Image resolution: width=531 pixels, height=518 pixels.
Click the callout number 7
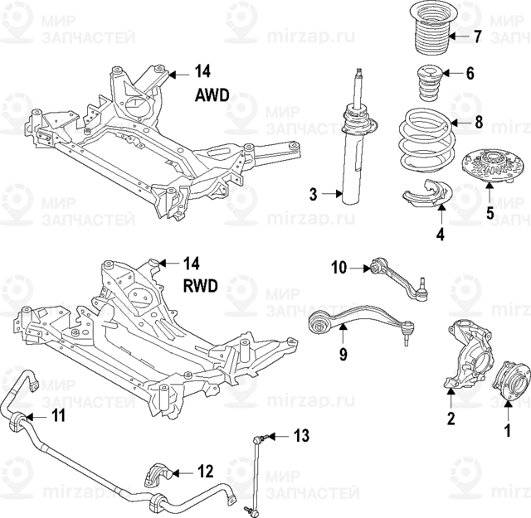[x=478, y=36]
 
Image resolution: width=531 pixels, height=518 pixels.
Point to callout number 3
[x=314, y=195]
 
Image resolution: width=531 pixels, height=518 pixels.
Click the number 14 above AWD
[x=204, y=70]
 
